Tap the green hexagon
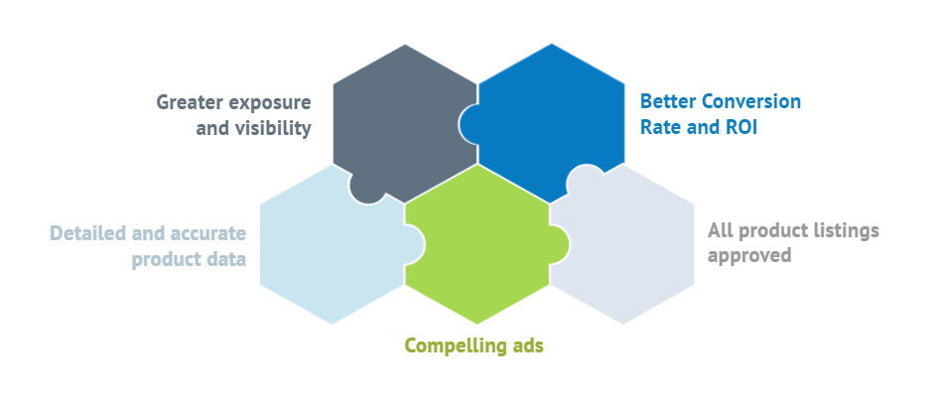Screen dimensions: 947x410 (x=477, y=247)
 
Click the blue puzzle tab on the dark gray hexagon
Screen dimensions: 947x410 (x=469, y=124)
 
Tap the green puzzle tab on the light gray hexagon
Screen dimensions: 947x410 (x=559, y=244)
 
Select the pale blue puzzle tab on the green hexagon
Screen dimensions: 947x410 (x=415, y=244)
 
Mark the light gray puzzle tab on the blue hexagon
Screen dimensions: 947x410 (x=585, y=175)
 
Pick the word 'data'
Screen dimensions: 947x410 (x=226, y=259)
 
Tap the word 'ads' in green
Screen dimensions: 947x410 (x=527, y=346)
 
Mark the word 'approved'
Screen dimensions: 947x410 (x=749, y=256)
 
